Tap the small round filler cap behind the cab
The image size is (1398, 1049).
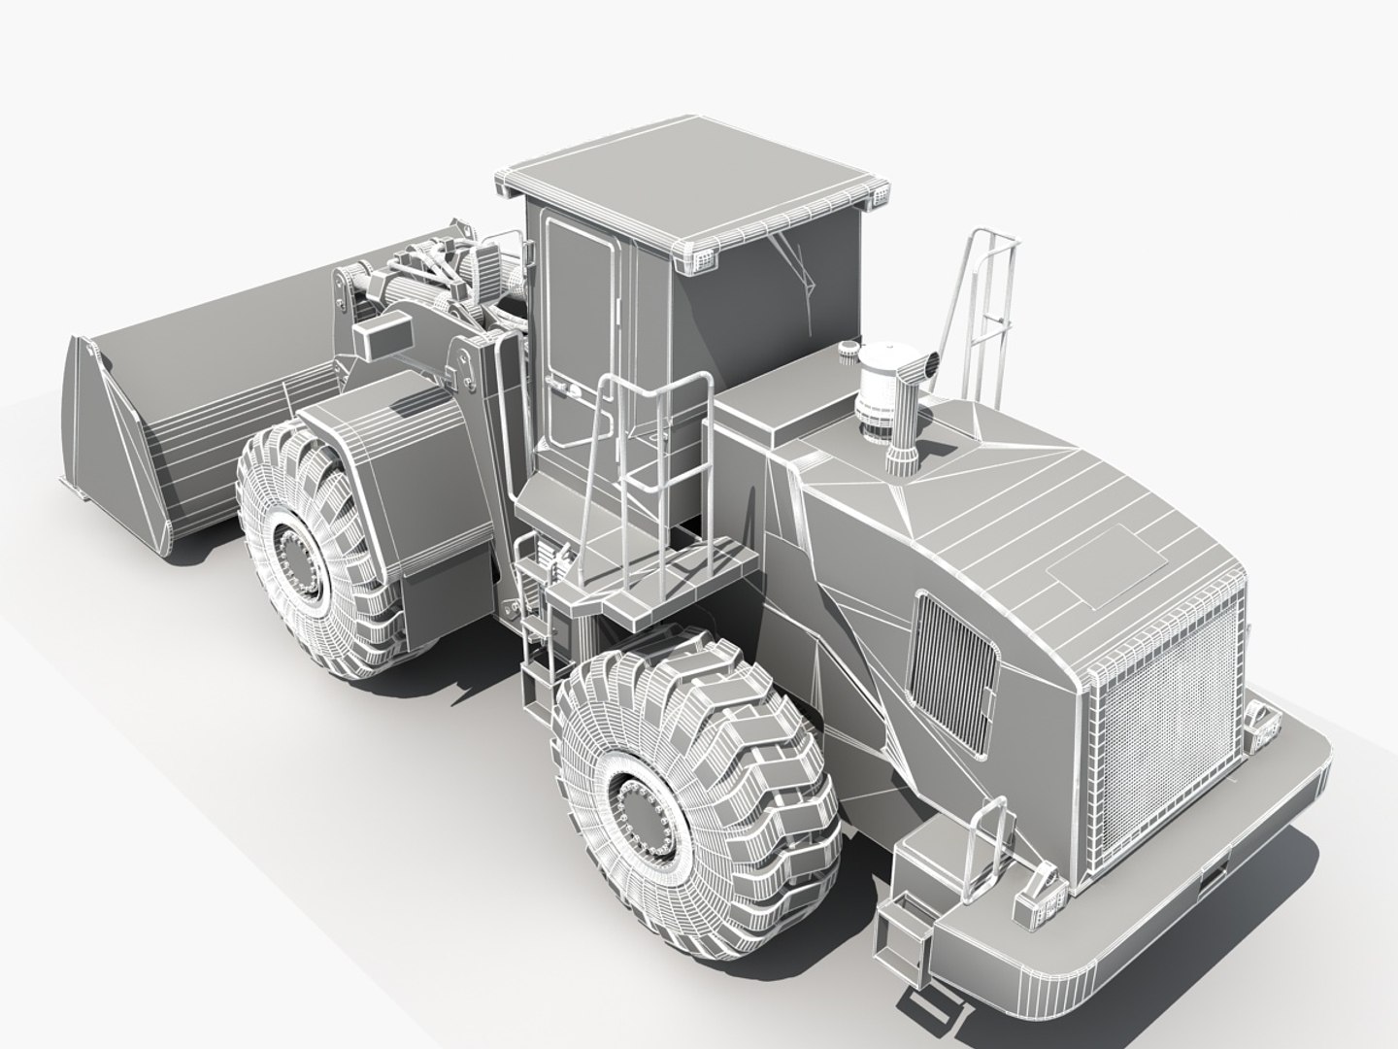point(849,351)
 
